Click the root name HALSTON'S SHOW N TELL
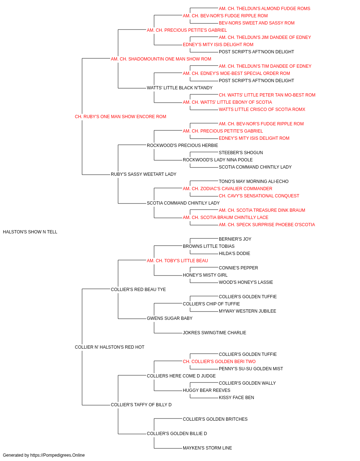30,232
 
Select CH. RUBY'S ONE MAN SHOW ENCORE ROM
121,117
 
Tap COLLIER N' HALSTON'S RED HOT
109,347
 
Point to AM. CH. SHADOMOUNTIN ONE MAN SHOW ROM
161,59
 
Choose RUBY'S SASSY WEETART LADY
144,174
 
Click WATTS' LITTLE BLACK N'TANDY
180,88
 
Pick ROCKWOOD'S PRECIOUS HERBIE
182,146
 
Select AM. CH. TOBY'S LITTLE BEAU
177,261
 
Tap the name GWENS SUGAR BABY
170,318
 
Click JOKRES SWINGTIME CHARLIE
214,333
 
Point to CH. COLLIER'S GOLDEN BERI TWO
219,362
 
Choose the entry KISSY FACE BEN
237,398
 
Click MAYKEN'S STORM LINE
207,448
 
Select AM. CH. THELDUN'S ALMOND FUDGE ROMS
264,9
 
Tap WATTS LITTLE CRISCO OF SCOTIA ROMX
262,109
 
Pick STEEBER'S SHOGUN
241,153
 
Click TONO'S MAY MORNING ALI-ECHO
253,182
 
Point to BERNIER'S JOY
235,239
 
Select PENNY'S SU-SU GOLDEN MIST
251,369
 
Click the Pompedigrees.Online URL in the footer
57,455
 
